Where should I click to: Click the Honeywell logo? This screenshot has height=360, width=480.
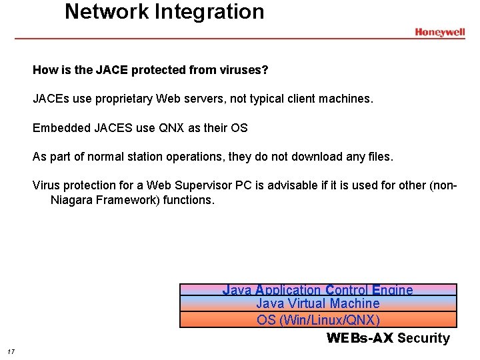439,32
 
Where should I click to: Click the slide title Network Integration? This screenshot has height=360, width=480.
164,11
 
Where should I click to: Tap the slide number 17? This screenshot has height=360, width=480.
11,351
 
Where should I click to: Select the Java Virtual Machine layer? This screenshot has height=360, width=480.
318,304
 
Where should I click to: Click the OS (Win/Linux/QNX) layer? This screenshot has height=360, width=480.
318,320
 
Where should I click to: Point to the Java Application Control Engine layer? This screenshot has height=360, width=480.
318,290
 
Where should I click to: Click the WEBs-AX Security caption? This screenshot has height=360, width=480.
388,338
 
